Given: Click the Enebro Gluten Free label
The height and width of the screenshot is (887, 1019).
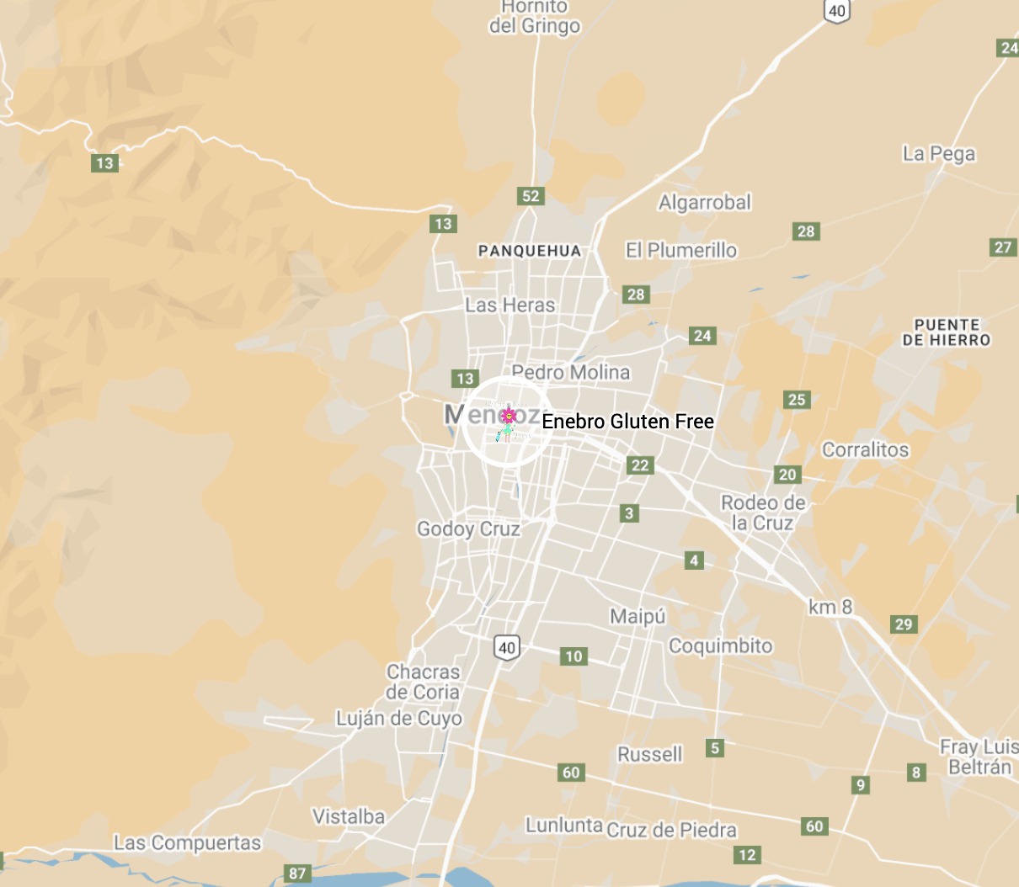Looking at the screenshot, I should pyautogui.click(x=627, y=422).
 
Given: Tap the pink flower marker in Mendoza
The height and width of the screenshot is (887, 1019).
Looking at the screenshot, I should pyautogui.click(x=508, y=415).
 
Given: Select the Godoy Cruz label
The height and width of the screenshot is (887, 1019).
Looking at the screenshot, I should pyautogui.click(x=468, y=529).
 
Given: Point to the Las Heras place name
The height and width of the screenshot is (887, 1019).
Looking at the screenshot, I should pyautogui.click(x=510, y=305).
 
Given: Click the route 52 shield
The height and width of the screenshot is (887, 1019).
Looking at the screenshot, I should pyautogui.click(x=531, y=196).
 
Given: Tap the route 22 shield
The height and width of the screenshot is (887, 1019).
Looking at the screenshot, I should pyautogui.click(x=640, y=465).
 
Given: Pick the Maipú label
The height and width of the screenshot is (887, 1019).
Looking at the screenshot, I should pyautogui.click(x=638, y=617).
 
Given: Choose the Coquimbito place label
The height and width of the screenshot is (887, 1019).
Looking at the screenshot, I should pyautogui.click(x=720, y=645).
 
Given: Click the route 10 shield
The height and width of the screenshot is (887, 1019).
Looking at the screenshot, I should pyautogui.click(x=574, y=656).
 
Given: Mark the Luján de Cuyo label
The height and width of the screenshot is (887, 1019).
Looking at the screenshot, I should pyautogui.click(x=399, y=719).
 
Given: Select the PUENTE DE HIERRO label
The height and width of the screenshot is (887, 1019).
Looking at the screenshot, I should pyautogui.click(x=947, y=332).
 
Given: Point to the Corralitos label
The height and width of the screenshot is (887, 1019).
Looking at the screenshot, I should pyautogui.click(x=865, y=449).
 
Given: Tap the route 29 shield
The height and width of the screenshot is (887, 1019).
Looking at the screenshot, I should pyautogui.click(x=904, y=624).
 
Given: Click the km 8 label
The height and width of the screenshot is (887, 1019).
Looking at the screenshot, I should pyautogui.click(x=830, y=607).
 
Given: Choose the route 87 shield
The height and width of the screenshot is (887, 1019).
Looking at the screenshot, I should pyautogui.click(x=297, y=874).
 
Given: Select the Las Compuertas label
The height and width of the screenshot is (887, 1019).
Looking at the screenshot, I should pyautogui.click(x=187, y=842).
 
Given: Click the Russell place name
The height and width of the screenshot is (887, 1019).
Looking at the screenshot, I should pyautogui.click(x=649, y=754).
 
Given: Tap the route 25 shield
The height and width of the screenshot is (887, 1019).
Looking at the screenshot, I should pyautogui.click(x=797, y=400).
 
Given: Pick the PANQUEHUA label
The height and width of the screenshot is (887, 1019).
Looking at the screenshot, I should pyautogui.click(x=529, y=251).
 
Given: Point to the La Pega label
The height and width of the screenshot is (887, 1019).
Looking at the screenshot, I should pyautogui.click(x=939, y=154).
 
